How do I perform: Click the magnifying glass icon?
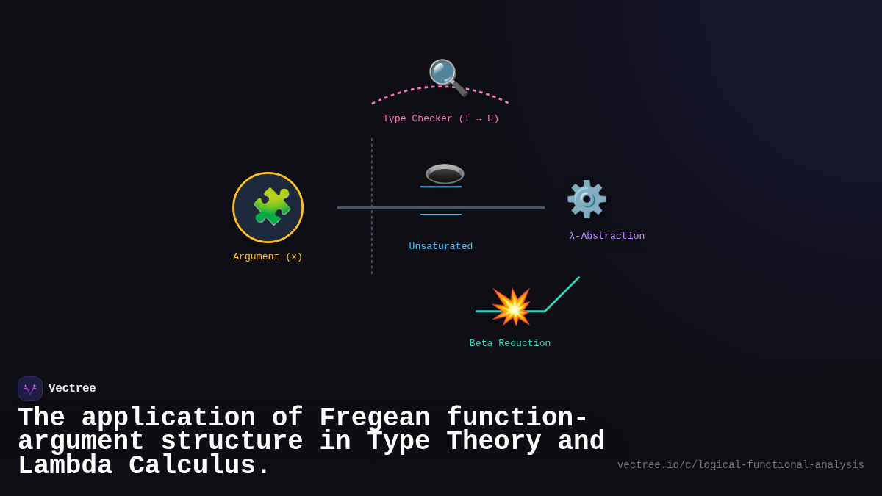tap(446, 76)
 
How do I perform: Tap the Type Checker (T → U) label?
tap(440, 119)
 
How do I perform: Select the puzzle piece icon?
tap(271, 206)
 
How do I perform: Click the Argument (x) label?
tap(268, 257)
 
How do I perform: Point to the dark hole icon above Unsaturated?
tap(445, 174)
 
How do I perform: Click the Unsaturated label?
tap(440, 247)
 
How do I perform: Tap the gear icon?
tap(586, 199)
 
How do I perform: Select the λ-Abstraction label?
tap(606, 237)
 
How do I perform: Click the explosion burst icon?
tap(511, 306)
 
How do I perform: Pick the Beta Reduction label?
tap(509, 344)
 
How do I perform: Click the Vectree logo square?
tap(30, 389)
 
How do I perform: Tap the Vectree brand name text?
tap(72, 389)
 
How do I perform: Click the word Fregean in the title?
tap(375, 418)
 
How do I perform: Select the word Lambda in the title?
tap(65, 466)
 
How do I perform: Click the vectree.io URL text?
tap(740, 465)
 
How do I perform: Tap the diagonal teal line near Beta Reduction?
tap(562, 294)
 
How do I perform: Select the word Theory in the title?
tap(494, 442)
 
